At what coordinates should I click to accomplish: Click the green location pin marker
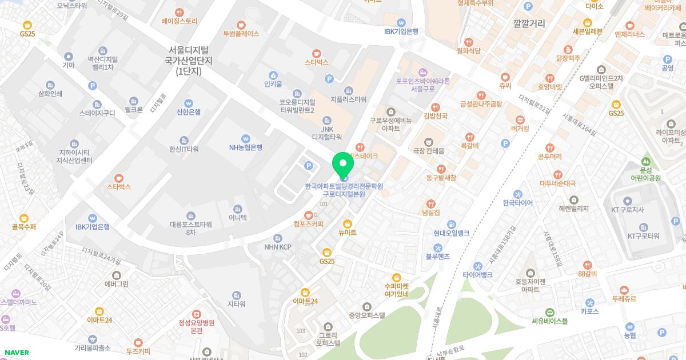pyautogui.click(x=343, y=166)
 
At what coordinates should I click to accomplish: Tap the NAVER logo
pyautogui.click(x=16, y=353)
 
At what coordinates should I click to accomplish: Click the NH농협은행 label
pyautogui.click(x=246, y=147)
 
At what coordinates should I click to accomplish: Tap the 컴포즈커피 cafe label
pyautogui.click(x=308, y=223)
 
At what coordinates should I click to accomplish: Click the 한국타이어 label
pyautogui.click(x=517, y=203)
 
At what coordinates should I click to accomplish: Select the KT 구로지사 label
pyautogui.click(x=628, y=210)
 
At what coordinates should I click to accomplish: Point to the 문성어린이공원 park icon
pyautogui.click(x=646, y=162)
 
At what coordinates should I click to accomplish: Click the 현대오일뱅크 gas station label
pyautogui.click(x=451, y=233)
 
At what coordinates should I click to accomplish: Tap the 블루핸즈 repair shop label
pyautogui.click(x=438, y=257)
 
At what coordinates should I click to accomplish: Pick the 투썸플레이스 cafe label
pyautogui.click(x=241, y=34)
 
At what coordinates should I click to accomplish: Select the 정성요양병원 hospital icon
pyautogui.click(x=196, y=314)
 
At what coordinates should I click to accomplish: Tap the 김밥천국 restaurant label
pyautogui.click(x=435, y=116)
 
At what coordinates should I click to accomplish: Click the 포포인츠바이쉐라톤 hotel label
pyautogui.click(x=423, y=81)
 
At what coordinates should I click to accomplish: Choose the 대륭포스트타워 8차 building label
pyautogui.click(x=190, y=228)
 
